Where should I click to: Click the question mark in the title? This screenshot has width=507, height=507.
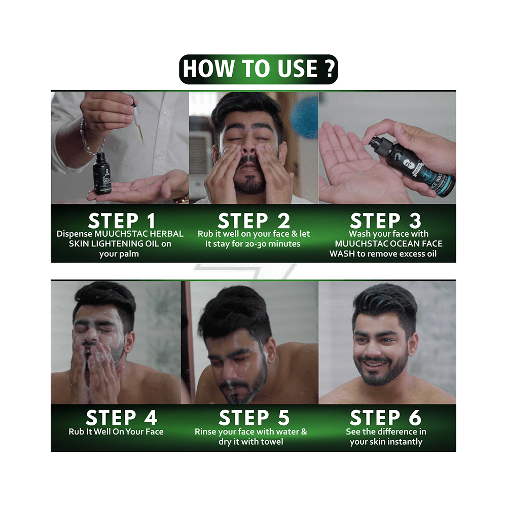pyautogui.click(x=330, y=68)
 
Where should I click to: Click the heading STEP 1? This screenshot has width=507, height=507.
pyautogui.click(x=122, y=221)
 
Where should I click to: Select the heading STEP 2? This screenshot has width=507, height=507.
pyautogui.click(x=253, y=221)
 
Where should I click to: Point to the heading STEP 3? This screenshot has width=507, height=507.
pyautogui.click(x=385, y=221)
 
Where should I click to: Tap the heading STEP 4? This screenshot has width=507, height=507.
pyautogui.click(x=122, y=417)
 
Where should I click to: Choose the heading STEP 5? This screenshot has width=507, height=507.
pyautogui.click(x=254, y=417)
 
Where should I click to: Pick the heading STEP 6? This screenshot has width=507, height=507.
pyautogui.click(x=385, y=417)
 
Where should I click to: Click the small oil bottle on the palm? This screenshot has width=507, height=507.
pyautogui.click(x=102, y=173)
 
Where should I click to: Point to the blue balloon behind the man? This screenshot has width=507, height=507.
pyautogui.click(x=304, y=118)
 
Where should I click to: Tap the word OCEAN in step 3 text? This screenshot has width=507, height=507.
pyautogui.click(x=403, y=244)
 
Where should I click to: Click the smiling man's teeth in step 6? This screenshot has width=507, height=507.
pyautogui.click(x=376, y=364)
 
